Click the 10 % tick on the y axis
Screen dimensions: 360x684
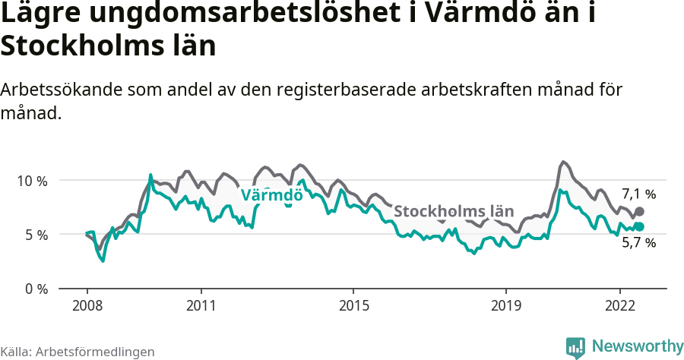tap(31, 181)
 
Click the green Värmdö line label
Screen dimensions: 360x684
tap(271, 195)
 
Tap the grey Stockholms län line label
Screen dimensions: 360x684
tap(454, 211)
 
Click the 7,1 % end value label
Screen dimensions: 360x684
tap(638, 194)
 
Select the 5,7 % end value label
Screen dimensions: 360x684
tap(638, 243)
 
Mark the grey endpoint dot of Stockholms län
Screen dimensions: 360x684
tap(639, 211)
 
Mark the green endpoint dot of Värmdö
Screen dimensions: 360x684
tap(639, 226)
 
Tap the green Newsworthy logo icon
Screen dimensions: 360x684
tap(575, 347)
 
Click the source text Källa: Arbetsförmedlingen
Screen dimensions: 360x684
tap(78, 352)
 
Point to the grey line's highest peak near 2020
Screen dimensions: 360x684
tap(562, 162)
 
